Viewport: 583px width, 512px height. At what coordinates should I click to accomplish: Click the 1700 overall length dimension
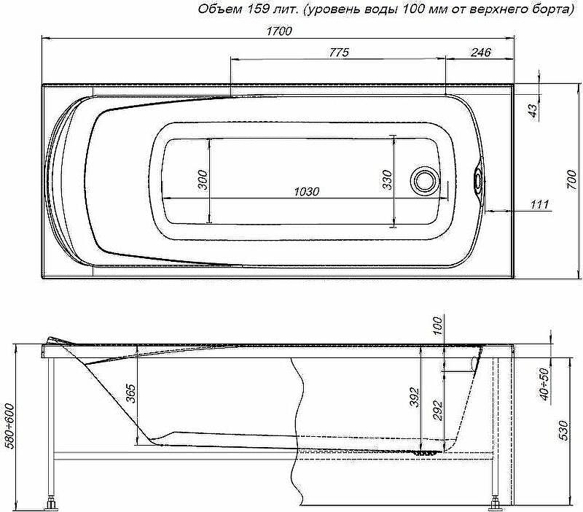(279, 31)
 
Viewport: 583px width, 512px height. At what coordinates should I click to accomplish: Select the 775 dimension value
(339, 53)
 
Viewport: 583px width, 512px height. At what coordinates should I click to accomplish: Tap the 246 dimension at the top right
(481, 53)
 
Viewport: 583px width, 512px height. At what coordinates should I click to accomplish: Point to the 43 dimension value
(533, 111)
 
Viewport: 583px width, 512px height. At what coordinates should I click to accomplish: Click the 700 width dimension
(571, 179)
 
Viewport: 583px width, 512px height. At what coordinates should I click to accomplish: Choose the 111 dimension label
(539, 204)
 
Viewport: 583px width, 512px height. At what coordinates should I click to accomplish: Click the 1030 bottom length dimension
(307, 192)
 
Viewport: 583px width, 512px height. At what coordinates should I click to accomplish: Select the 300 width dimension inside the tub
(203, 179)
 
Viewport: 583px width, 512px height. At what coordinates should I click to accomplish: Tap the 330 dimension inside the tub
(387, 179)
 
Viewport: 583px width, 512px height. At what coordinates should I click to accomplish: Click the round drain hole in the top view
(425, 180)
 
